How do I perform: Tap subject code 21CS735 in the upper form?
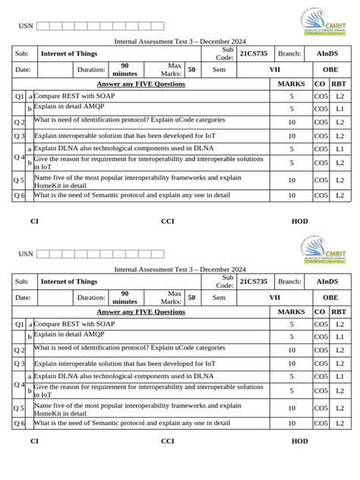tap(254, 54)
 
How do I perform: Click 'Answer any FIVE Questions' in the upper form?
tap(141, 84)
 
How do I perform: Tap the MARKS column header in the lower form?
tap(291, 311)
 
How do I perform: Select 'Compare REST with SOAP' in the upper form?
tap(74, 96)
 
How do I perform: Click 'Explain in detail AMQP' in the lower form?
tap(69, 333)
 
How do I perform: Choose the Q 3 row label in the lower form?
tap(20, 363)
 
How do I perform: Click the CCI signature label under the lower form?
tap(167, 441)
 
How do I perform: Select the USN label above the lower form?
tap(26, 254)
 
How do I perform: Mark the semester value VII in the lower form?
tap(275, 298)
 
